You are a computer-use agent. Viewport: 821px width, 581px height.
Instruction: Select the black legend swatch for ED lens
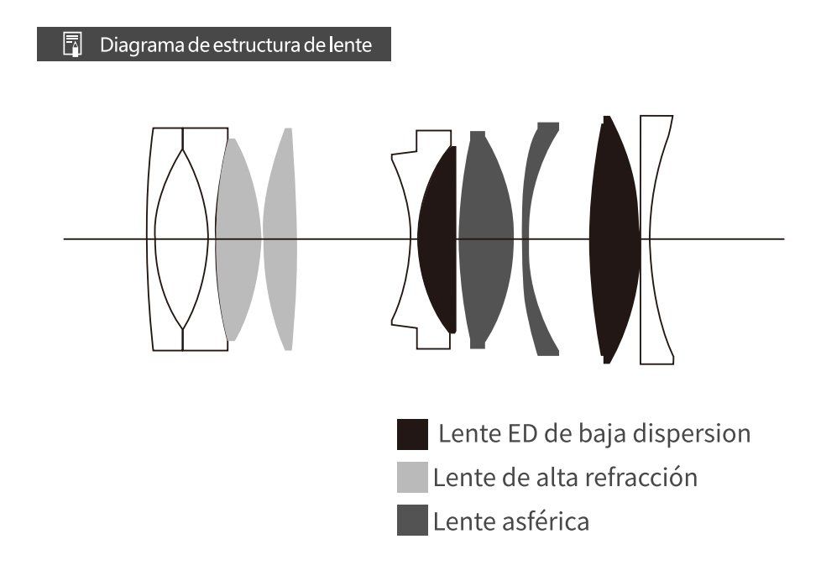(x=412, y=435)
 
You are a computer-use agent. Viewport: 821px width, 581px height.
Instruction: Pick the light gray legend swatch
(x=412, y=478)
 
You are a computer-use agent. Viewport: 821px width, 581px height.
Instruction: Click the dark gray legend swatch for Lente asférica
(x=412, y=521)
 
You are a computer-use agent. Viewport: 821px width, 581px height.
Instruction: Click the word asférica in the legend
(x=546, y=521)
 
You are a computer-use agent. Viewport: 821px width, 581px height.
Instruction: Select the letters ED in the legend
(x=520, y=434)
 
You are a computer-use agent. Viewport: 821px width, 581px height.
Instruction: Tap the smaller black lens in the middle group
(x=438, y=239)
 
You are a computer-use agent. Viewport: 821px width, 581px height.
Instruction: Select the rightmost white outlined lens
(x=658, y=239)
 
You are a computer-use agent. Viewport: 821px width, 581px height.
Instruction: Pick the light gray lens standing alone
(x=280, y=239)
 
